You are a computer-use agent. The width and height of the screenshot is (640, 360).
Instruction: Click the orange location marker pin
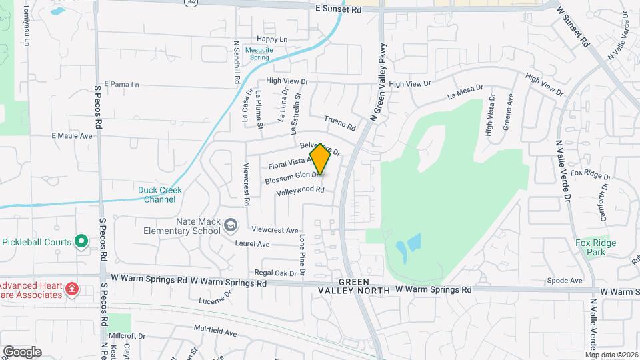tap(321, 159)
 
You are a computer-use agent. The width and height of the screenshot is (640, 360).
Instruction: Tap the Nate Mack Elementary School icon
tap(231, 225)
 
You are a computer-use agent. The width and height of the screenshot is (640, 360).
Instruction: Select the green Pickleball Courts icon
tap(81, 241)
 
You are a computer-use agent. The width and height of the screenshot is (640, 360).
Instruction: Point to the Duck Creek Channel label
tap(160, 194)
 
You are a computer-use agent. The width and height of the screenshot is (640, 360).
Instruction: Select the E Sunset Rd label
tap(338, 10)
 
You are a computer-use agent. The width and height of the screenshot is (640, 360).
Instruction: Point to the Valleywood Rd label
tap(300, 191)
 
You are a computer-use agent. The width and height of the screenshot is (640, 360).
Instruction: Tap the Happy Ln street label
tap(272, 39)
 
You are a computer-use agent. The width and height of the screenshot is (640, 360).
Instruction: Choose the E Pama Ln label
tap(121, 85)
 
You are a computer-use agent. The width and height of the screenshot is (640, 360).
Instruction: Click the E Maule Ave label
tap(71, 135)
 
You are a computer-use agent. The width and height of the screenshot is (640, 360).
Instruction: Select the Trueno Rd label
tap(340, 123)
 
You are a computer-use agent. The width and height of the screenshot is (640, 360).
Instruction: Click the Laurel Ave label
tap(252, 244)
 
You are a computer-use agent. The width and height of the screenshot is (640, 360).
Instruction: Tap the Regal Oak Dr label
tap(275, 273)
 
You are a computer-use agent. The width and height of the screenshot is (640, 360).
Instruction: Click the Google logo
tap(22, 351)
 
